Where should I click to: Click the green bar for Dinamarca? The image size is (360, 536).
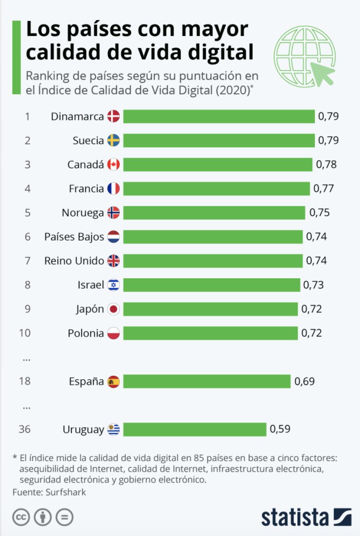[218, 116]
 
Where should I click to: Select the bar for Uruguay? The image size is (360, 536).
[195, 429]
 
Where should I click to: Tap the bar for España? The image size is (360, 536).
[207, 381]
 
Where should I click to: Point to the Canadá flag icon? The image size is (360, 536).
[113, 164]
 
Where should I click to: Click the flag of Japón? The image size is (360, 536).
[113, 309]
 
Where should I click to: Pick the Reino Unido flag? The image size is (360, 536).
[113, 261]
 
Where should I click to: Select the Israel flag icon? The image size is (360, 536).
[113, 285]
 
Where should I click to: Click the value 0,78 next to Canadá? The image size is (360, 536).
[326, 164]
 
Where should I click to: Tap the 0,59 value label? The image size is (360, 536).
[280, 429]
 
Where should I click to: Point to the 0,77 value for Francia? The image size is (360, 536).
[323, 189]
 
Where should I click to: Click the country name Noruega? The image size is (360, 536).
[82, 213]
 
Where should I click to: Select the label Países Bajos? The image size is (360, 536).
[74, 237]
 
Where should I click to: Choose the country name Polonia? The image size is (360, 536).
[86, 334]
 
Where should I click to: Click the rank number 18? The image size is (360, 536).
[25, 381]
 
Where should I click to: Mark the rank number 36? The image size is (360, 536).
[25, 429]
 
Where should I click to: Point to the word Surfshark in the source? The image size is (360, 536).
[66, 492]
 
